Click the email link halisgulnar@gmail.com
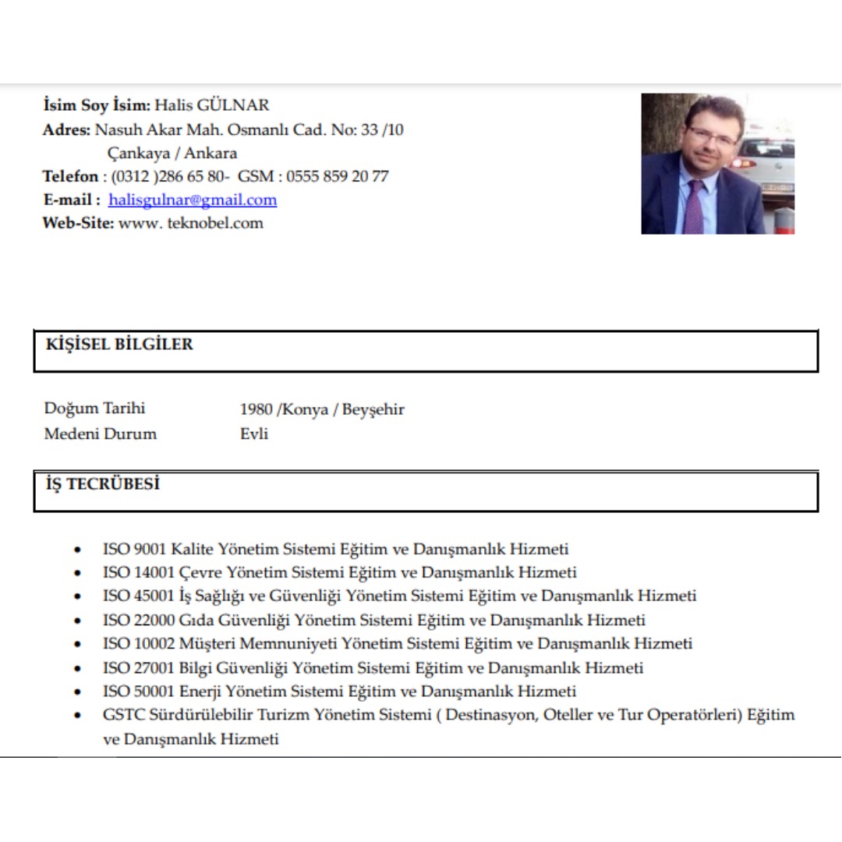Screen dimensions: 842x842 (x=193, y=200)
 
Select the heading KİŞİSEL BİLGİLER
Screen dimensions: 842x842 (x=119, y=345)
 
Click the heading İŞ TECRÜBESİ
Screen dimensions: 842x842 (x=103, y=484)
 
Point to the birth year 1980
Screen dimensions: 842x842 (x=256, y=409)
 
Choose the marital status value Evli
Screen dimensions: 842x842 (x=254, y=434)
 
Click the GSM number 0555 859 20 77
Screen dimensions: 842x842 (x=337, y=176)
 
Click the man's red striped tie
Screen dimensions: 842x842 (x=694, y=206)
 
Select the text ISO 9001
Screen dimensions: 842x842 (x=134, y=549)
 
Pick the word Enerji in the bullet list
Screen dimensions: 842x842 (x=201, y=692)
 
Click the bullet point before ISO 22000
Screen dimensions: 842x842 (x=76, y=621)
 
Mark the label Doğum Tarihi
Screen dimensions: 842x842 (x=94, y=409)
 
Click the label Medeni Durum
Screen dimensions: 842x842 (x=100, y=434)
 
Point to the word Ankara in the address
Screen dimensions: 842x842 (x=210, y=153)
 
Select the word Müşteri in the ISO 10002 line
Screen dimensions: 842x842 (x=209, y=644)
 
